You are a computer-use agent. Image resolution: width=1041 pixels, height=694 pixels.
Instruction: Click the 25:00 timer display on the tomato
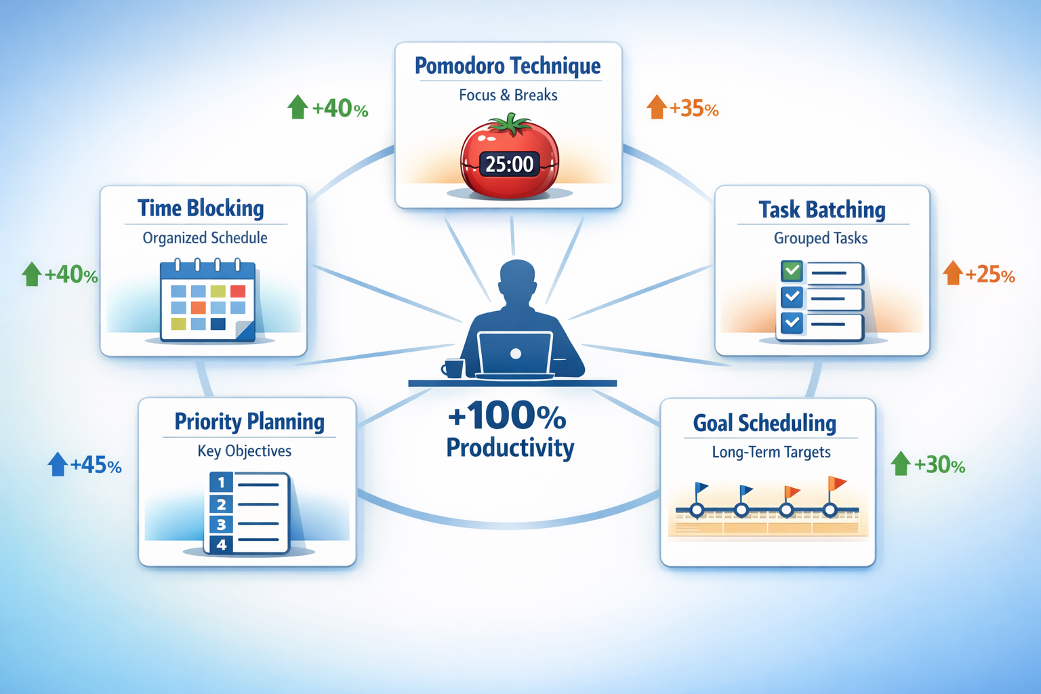click(510, 164)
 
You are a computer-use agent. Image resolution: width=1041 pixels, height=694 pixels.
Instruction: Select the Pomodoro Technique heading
click(508, 66)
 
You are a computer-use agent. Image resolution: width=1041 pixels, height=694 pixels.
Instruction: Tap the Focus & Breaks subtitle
click(508, 95)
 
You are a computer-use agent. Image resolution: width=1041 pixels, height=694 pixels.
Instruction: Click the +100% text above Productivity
click(507, 415)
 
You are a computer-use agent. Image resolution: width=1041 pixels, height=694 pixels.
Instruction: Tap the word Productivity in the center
click(510, 447)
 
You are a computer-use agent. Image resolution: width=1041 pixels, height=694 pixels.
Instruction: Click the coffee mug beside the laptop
click(453, 368)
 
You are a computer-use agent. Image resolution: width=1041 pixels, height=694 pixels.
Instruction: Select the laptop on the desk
click(515, 354)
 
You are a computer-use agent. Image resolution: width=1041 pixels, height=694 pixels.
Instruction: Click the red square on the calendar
click(238, 291)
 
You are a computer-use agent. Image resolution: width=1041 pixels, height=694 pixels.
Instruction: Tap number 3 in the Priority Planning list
click(221, 525)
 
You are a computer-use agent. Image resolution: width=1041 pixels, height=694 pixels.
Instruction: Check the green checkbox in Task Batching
click(792, 271)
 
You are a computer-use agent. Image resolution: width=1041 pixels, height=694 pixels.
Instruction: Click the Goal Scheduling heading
click(764, 423)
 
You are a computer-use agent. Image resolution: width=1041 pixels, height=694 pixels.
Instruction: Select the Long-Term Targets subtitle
click(771, 452)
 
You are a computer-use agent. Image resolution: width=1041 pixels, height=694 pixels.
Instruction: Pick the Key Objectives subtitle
click(244, 451)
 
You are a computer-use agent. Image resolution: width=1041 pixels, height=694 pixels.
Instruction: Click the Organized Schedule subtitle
click(205, 238)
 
